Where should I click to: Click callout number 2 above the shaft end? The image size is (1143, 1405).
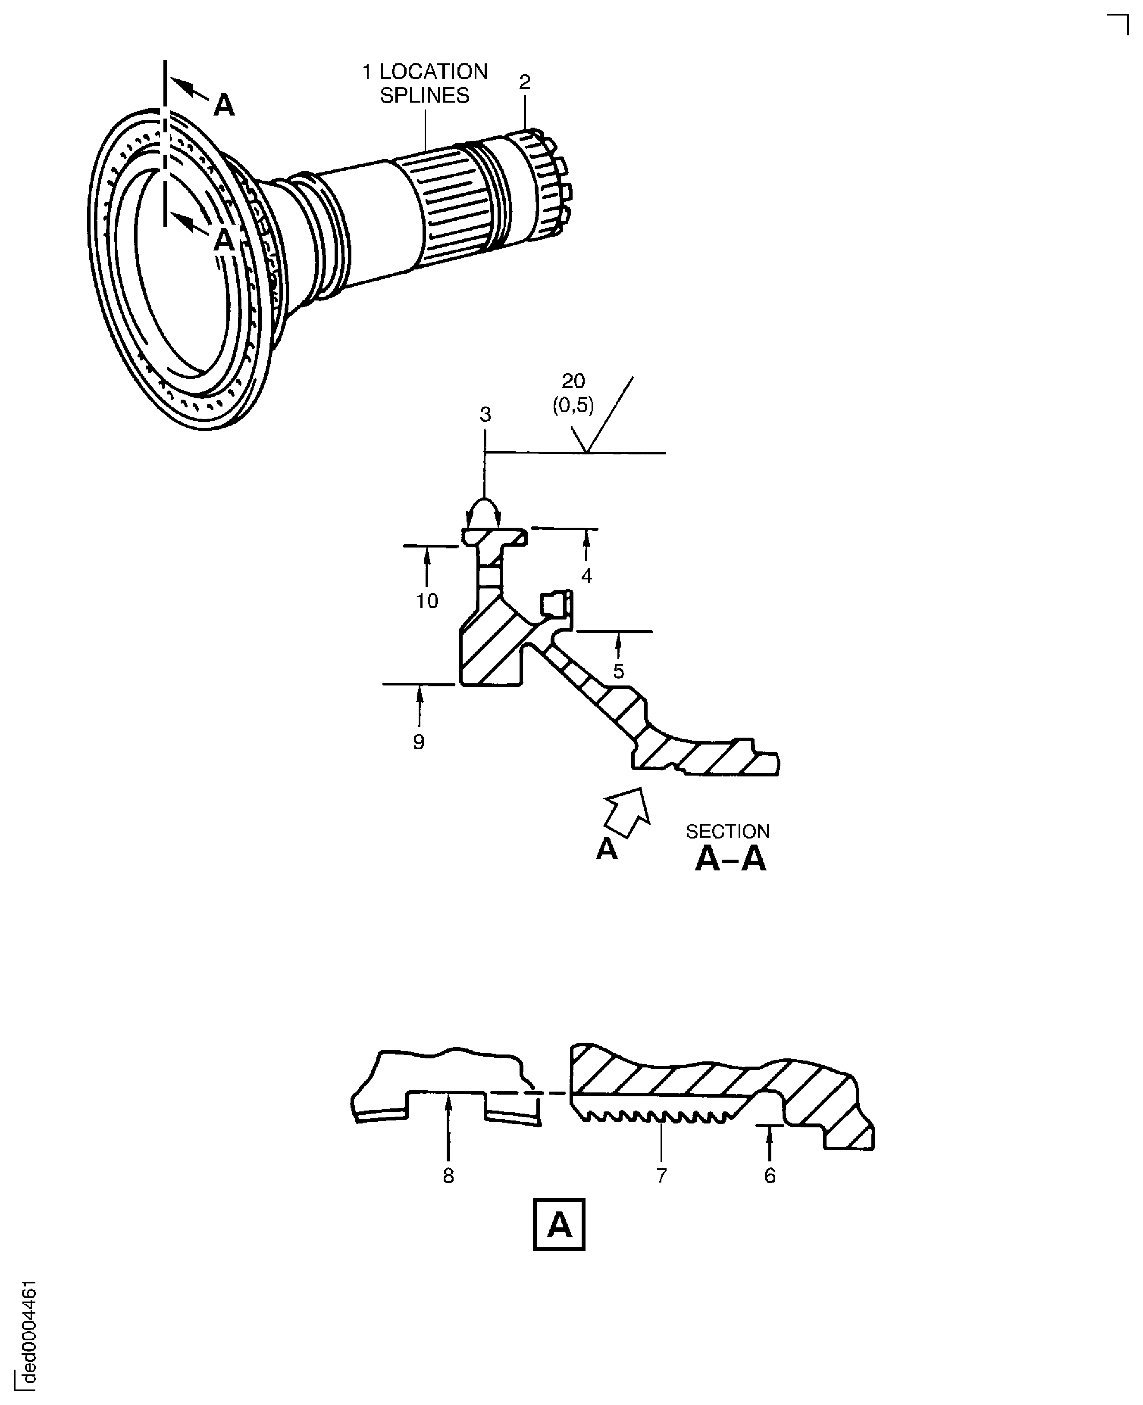point(524,83)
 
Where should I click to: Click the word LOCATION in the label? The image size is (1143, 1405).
point(433,72)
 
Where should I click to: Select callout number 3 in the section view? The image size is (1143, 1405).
point(485,415)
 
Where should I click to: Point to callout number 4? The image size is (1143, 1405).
point(586,576)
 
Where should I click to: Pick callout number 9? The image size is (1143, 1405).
point(419,742)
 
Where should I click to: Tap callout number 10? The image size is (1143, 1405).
point(427,601)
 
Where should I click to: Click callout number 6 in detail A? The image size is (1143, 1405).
point(770,1176)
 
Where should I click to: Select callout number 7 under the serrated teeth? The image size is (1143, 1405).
point(662,1176)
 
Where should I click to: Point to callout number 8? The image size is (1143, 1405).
point(448,1176)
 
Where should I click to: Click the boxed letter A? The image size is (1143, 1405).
point(558,1225)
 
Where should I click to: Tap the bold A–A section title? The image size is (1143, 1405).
point(731,859)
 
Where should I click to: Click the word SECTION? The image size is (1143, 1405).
point(727,832)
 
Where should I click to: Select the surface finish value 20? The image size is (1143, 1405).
point(573,381)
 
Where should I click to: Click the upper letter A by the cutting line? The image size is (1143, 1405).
point(224,105)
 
